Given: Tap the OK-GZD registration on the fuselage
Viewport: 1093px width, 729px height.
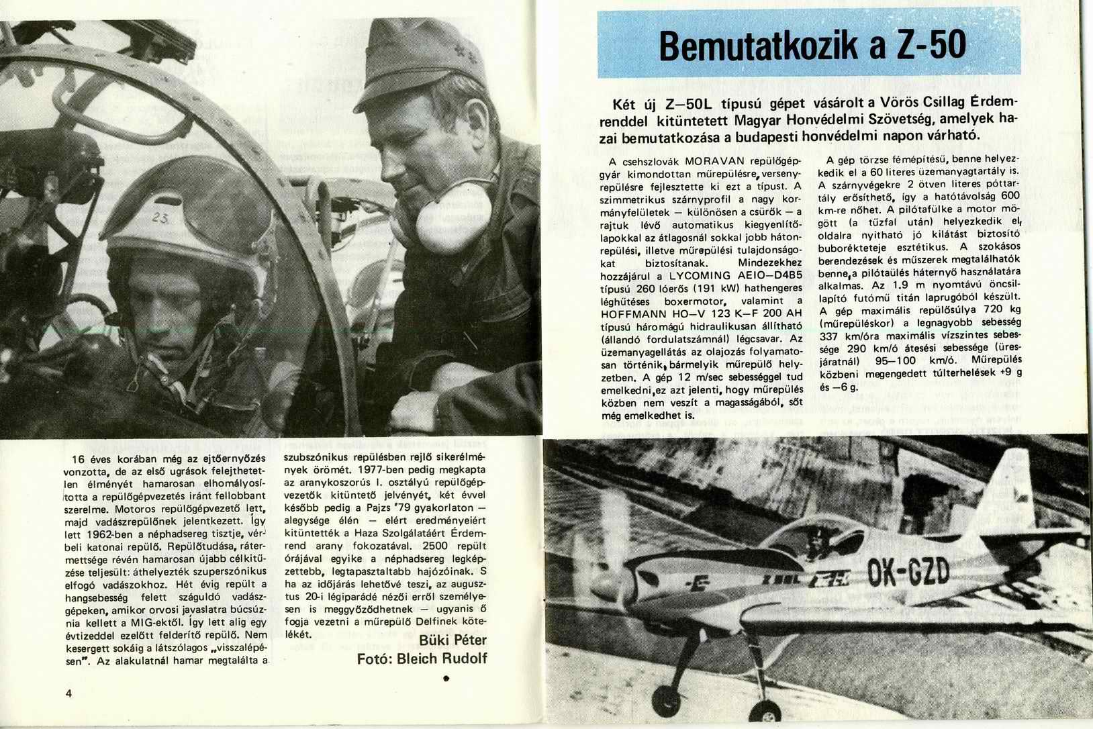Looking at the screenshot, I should click(909, 574).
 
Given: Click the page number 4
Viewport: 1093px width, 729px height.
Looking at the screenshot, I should click(69, 693).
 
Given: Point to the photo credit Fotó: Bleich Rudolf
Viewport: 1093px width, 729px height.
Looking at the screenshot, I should click(422, 659).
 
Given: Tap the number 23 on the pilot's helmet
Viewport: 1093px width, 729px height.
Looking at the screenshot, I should click(160, 217).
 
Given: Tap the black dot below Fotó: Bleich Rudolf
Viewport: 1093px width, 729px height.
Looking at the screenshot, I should click(446, 679).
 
